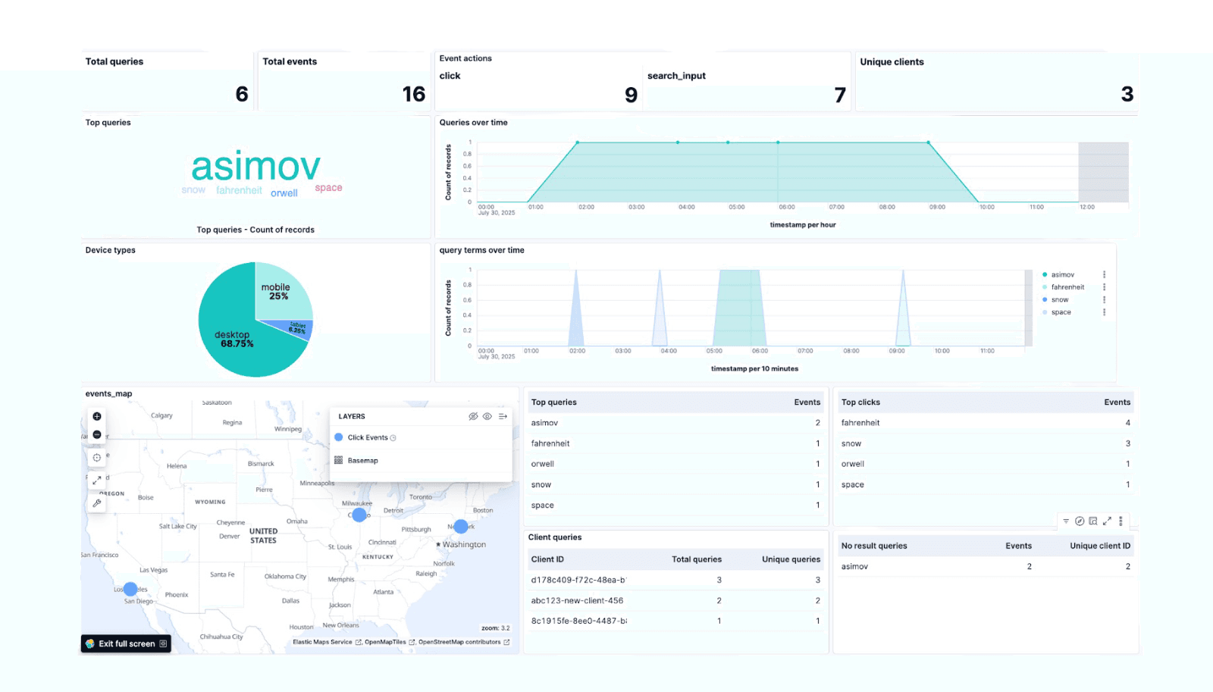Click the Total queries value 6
(242, 94)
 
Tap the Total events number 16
(413, 94)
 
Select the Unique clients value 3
(1127, 94)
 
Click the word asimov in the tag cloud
(255, 166)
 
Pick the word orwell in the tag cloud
(284, 193)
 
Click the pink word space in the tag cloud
(328, 188)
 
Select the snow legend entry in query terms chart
(1059, 300)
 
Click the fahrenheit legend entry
(1067, 287)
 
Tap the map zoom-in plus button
(97, 416)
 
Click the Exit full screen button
(126, 643)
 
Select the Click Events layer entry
(368, 437)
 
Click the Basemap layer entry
(362, 461)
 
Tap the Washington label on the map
(464, 545)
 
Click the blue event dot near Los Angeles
(130, 589)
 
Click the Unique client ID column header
(1099, 546)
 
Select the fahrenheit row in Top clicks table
(860, 423)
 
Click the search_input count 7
(839, 95)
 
